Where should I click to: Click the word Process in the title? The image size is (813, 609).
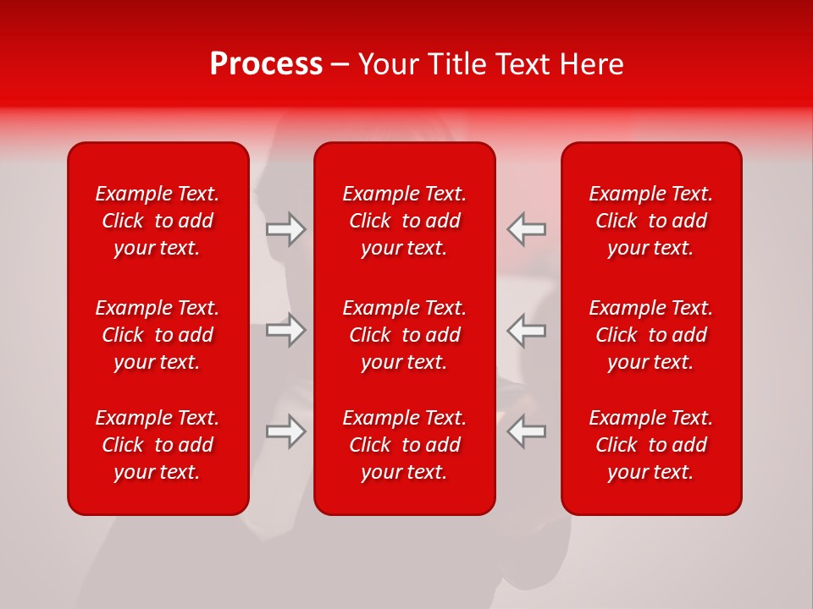[x=266, y=64]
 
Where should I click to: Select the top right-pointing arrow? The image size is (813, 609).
[x=286, y=229]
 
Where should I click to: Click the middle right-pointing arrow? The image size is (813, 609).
[x=286, y=330]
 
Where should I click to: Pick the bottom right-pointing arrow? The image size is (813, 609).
[x=286, y=431]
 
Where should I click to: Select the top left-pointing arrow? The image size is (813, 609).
[x=527, y=229]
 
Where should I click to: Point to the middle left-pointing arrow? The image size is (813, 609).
[x=527, y=330]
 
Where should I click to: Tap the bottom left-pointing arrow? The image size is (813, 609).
[x=527, y=431]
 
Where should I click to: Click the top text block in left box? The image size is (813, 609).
[x=158, y=221]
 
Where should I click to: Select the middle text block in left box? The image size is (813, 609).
[x=158, y=335]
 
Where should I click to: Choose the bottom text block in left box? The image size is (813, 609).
[x=158, y=445]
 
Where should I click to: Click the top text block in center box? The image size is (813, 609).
[x=405, y=221]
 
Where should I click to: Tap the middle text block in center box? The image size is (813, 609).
[x=405, y=335]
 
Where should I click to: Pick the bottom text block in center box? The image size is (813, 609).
[x=405, y=445]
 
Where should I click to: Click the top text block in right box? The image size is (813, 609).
[x=651, y=221]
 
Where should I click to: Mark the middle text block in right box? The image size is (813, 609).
[x=651, y=335]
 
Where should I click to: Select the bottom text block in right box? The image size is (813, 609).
[x=651, y=445]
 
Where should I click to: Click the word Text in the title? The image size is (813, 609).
[x=524, y=64]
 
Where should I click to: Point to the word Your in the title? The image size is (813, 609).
[x=388, y=64]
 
